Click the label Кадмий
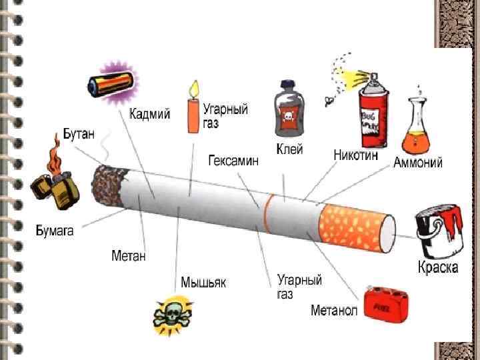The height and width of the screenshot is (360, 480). tap(149, 114)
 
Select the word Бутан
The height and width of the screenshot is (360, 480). tap(79, 133)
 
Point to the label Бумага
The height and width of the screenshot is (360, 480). tap(55, 231)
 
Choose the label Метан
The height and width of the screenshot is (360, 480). tap(128, 255)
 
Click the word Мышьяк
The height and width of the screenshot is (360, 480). tap(203, 282)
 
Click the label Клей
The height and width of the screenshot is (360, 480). tap(289, 149)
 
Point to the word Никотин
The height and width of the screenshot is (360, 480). tap(355, 155)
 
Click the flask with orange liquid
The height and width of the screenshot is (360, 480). tap(418, 127)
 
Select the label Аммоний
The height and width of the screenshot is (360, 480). tap(418, 162)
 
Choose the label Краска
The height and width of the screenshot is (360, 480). tap(438, 268)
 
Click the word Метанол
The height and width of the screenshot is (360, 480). tap(334, 310)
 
